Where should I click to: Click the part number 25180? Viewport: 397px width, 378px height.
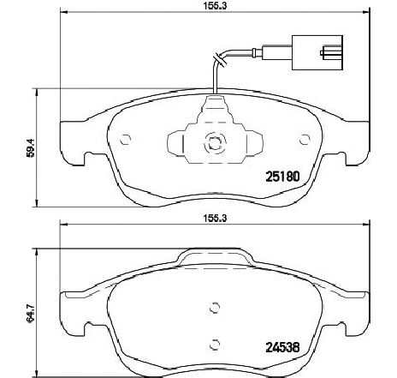pyautogui.click(x=282, y=177)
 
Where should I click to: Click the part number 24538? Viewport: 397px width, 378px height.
pyautogui.click(x=282, y=347)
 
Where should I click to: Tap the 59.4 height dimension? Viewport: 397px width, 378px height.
pyautogui.click(x=30, y=147)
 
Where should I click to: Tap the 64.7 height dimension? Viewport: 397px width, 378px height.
pyautogui.click(x=30, y=313)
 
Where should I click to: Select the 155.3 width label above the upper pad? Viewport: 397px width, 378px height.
pyautogui.click(x=215, y=5)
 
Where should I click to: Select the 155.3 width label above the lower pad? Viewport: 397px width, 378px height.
pyautogui.click(x=215, y=218)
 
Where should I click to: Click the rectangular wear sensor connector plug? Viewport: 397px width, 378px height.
pyautogui.click(x=317, y=52)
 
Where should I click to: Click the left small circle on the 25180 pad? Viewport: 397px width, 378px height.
pyautogui.click(x=125, y=140)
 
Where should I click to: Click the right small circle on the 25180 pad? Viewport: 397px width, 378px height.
pyautogui.click(x=305, y=140)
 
